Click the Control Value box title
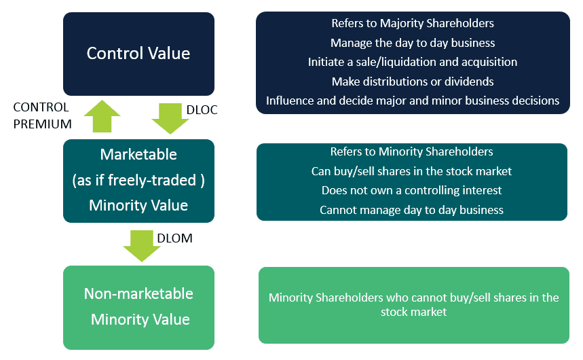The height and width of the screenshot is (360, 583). pos(138,53)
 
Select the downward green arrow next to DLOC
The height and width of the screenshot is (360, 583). pos(170,118)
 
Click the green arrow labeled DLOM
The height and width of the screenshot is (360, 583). pos(142,246)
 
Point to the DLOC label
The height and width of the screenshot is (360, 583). pos(202,110)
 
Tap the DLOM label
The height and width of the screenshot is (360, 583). pos(174,238)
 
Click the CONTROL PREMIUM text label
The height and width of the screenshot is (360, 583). pos(42,115)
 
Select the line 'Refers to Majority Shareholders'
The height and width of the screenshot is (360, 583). pos(413,23)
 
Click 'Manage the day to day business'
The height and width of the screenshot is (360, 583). pos(413,43)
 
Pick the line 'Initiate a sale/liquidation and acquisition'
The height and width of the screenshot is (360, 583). pos(413,62)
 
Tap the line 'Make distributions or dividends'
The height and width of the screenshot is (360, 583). pos(413,82)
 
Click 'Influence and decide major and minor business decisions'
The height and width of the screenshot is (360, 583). pos(413,101)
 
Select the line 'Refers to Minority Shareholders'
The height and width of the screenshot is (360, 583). pos(411,151)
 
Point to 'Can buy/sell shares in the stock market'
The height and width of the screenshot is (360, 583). pos(411,171)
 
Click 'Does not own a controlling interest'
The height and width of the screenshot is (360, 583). pos(411,190)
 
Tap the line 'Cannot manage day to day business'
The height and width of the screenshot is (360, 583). pos(411,210)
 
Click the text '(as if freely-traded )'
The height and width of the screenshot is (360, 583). pos(138,180)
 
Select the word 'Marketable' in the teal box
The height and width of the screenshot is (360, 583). pos(138,154)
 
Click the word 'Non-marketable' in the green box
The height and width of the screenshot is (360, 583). pos(138,293)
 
